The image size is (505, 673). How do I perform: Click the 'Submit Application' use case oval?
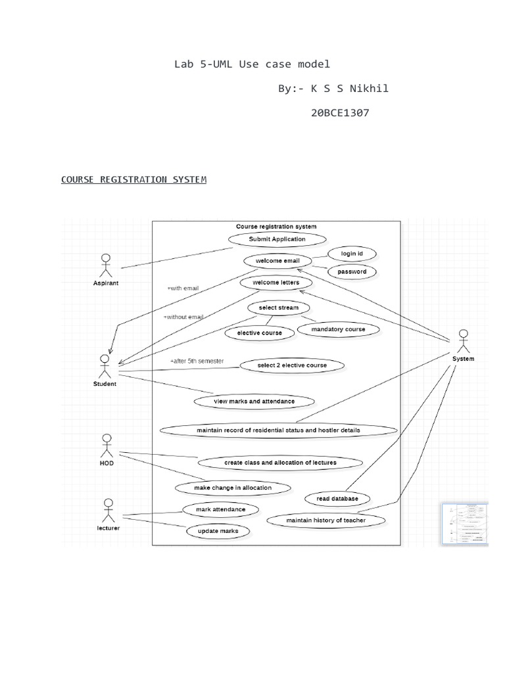pos(277,239)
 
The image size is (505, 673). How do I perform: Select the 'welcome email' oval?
pos(277,260)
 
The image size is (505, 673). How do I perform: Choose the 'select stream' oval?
pos(277,308)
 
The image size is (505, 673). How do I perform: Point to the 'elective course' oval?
pos(259,333)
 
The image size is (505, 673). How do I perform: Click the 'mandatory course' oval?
pos(339,329)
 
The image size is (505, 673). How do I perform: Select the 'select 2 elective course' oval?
pos(291,365)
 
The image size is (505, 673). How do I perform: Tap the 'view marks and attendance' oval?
pos(254,400)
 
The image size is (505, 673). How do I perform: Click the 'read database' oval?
pos(337,498)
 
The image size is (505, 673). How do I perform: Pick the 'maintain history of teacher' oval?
pos(325,520)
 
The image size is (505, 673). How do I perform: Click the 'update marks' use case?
pos(209,530)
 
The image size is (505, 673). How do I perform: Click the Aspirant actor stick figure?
pos(105,264)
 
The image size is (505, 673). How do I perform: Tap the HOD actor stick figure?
pos(107,446)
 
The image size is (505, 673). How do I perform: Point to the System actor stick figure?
pos(463,341)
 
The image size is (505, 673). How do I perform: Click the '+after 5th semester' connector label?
pos(197,361)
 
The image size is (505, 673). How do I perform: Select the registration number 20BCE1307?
pos(339,112)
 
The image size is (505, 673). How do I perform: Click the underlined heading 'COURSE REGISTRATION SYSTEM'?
pos(133,179)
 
